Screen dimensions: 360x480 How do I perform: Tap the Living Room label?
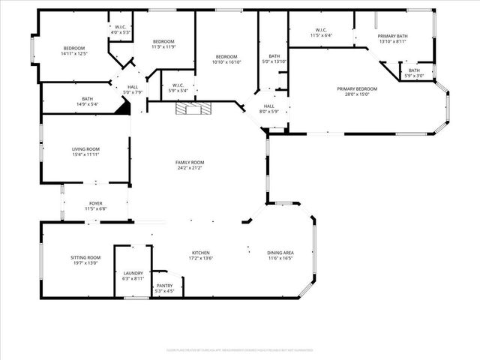(x=85, y=149)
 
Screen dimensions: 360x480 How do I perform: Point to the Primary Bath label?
(x=392, y=36)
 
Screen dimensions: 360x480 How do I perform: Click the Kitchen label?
(x=200, y=253)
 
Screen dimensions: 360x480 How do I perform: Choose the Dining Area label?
(x=280, y=253)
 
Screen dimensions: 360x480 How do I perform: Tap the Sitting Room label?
(x=85, y=257)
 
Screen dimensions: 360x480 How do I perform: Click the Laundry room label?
(x=131, y=274)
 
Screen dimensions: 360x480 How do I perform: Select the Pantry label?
(x=165, y=286)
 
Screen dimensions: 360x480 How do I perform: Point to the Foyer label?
(x=96, y=203)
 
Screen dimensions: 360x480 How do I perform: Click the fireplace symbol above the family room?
(x=189, y=109)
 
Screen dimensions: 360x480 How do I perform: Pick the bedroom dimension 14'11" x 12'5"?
(x=74, y=53)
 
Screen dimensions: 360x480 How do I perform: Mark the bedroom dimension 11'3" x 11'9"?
(x=163, y=46)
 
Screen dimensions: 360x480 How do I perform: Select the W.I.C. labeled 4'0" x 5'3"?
(x=121, y=32)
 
